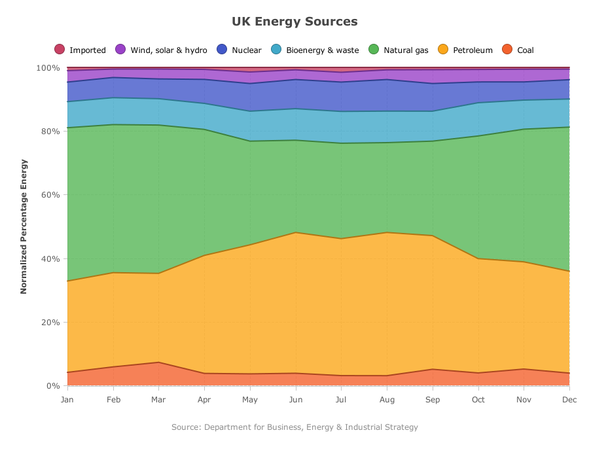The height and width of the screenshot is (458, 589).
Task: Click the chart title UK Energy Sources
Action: [x=294, y=22]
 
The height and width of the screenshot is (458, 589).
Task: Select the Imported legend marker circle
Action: [x=60, y=49]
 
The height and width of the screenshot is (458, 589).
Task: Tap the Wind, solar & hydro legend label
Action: [x=169, y=50]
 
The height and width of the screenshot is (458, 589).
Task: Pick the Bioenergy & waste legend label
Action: [x=322, y=50]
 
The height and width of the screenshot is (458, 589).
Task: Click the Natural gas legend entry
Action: [x=399, y=50]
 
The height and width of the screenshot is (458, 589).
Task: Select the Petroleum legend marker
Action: [x=443, y=49]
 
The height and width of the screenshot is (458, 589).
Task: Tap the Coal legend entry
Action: [x=518, y=50]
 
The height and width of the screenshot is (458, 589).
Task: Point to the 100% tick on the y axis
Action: [x=48, y=68]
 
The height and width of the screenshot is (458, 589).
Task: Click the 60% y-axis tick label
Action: [x=50, y=195]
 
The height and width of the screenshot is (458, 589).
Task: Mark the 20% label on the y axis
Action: [x=50, y=322]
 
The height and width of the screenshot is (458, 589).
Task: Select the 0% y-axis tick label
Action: [x=52, y=385]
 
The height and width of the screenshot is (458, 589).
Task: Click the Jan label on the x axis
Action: [x=67, y=399]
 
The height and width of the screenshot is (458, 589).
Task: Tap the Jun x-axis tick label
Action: [x=296, y=399]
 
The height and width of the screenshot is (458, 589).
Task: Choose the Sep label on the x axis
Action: [x=433, y=399]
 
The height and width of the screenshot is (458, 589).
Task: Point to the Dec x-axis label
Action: [x=569, y=399]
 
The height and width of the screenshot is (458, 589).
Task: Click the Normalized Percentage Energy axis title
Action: [x=24, y=226]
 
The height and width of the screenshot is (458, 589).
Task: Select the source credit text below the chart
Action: [x=294, y=427]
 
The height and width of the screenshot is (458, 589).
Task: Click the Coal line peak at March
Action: [x=158, y=362]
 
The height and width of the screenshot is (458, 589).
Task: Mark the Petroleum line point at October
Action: [x=478, y=258]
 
